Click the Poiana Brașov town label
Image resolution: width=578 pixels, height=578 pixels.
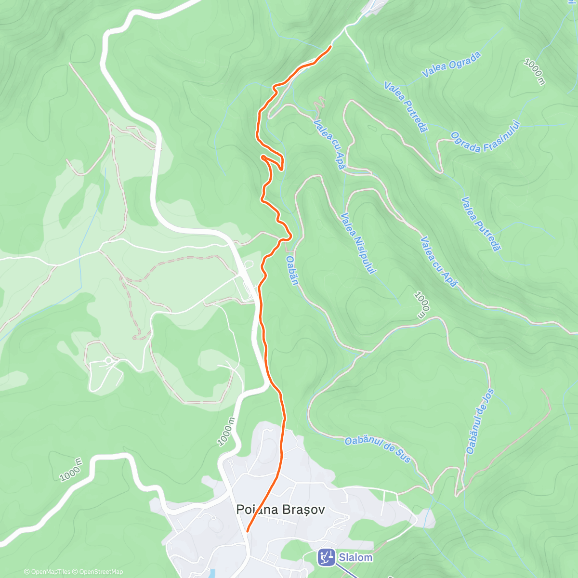(x=280, y=510)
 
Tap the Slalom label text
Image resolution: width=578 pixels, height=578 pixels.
(x=355, y=557)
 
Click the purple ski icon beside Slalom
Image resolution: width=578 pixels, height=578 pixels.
(x=326, y=557)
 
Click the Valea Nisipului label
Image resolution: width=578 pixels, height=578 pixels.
(x=357, y=243)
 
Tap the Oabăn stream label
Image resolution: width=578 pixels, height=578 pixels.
(x=292, y=270)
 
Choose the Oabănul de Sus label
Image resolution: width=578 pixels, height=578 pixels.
(x=378, y=449)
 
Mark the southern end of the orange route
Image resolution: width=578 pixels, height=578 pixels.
(x=247, y=531)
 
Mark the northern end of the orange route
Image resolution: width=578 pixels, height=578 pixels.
(x=330, y=46)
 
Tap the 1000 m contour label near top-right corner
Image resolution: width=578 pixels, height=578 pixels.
(x=534, y=72)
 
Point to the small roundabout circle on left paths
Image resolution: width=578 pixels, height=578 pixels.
(x=109, y=360)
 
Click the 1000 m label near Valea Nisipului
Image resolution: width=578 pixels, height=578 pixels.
(x=420, y=304)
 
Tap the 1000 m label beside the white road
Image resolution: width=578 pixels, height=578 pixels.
(x=226, y=432)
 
